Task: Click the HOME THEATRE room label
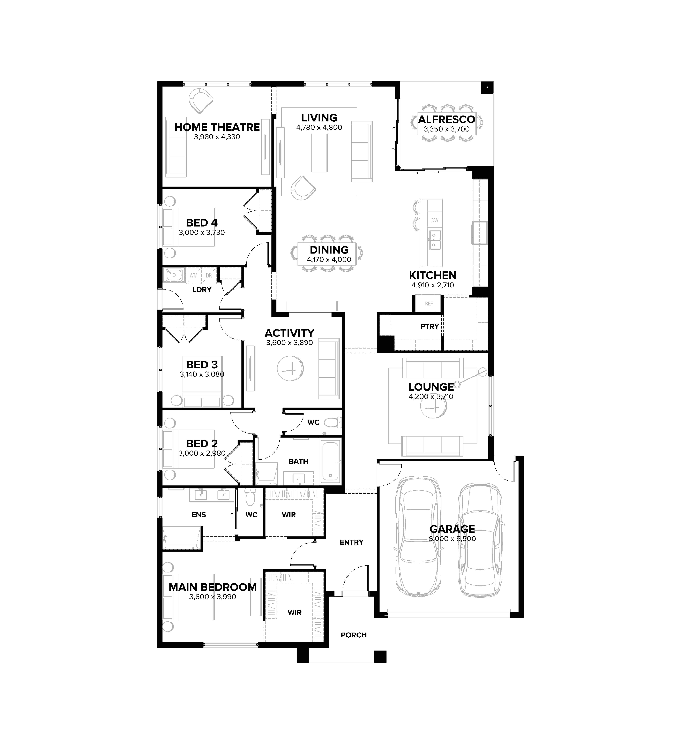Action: pos(217,127)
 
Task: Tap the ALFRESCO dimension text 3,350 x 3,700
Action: pos(447,129)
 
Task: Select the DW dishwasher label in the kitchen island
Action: pos(435,221)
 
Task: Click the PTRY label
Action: pos(430,327)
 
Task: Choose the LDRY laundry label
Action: pos(202,290)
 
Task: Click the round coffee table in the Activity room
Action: pos(290,368)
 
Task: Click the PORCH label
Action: pos(354,635)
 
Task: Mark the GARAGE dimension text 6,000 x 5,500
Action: pos(452,539)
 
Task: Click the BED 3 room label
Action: pos(202,365)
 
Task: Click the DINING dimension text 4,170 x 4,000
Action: pos(329,260)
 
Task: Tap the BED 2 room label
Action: pos(202,444)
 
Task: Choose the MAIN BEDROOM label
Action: pos(213,587)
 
